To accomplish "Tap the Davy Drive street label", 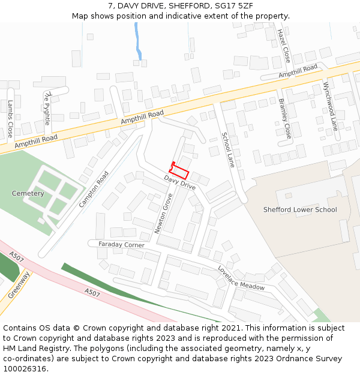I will point(180,183).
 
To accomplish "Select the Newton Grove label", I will point(163,214).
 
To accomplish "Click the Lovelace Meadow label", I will point(241,278).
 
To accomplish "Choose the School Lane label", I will point(227,150).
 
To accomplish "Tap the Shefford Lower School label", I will point(300,210).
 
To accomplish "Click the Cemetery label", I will point(28,194).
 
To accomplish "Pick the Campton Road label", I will point(94,190).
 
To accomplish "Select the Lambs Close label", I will point(10,118).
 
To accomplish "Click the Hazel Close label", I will point(283,46).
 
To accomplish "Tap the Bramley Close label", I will point(285,118).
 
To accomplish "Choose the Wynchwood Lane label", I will point(331,106).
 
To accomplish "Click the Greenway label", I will point(20,285).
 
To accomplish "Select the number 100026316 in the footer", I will point(24,369).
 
